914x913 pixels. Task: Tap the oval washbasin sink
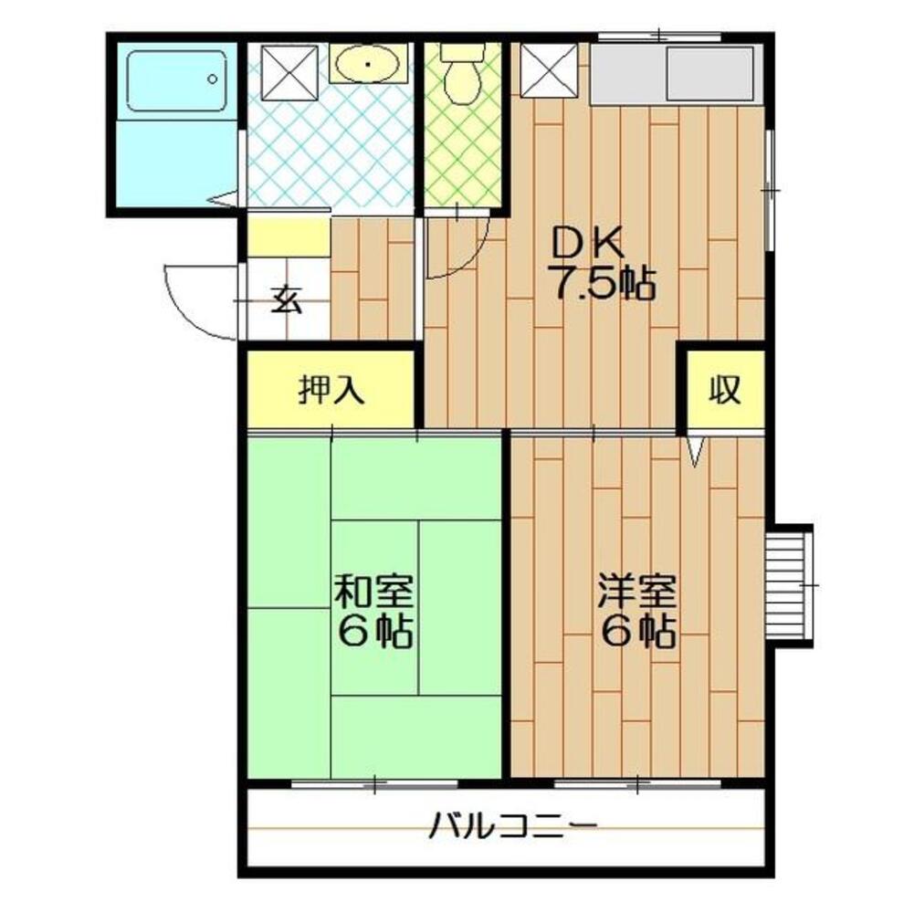368,64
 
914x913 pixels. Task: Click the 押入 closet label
331,390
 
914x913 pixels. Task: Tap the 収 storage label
726,390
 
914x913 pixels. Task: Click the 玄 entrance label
287,300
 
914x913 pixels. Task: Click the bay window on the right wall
791,584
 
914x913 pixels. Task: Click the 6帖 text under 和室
374,632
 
